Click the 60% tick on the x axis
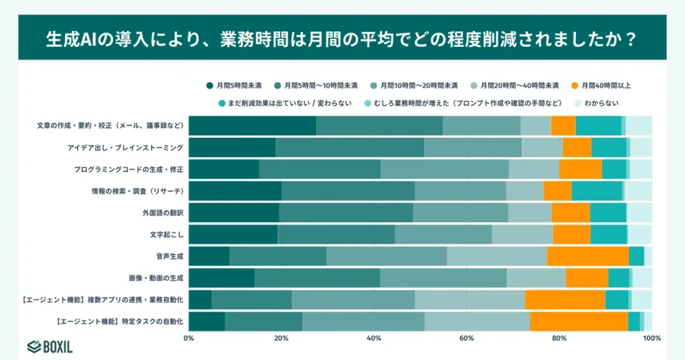[x=467, y=338]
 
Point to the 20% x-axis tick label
[x=281, y=338]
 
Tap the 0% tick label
[x=189, y=338]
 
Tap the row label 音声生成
[x=170, y=256]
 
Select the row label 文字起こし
[x=167, y=234]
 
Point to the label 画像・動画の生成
[x=156, y=277]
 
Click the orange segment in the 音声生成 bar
[x=588, y=256]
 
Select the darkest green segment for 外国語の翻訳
[x=233, y=213]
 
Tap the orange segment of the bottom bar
[x=579, y=321]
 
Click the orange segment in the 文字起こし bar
[x=571, y=234]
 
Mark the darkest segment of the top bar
[x=252, y=126]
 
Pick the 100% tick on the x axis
[x=652, y=338]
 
